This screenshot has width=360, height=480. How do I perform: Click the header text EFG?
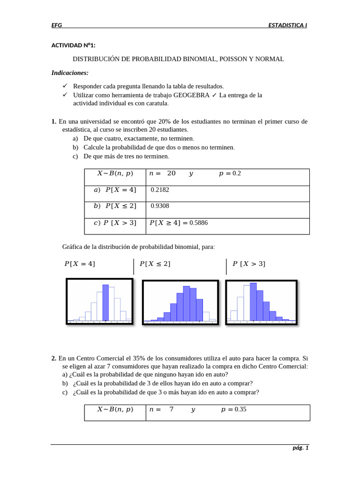[56, 25]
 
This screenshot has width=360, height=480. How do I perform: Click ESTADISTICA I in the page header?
[287, 25]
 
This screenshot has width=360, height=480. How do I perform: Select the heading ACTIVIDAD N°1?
[73, 45]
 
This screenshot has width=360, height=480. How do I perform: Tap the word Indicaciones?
[70, 73]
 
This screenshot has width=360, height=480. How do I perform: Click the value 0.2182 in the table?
[160, 190]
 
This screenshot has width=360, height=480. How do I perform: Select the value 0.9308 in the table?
[160, 206]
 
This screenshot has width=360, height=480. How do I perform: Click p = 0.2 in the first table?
[230, 173]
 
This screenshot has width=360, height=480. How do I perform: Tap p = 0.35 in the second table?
[233, 409]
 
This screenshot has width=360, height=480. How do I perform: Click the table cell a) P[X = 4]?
[115, 190]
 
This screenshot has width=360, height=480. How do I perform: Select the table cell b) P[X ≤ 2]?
[115, 206]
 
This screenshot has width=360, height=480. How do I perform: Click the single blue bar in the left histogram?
[105, 302]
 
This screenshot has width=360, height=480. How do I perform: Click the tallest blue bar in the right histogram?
[253, 301]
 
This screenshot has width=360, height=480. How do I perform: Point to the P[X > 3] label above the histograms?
[249, 264]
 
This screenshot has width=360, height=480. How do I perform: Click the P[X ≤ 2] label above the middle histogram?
[155, 264]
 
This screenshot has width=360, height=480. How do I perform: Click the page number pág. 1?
[300, 448]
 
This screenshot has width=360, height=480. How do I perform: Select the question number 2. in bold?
[54, 359]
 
